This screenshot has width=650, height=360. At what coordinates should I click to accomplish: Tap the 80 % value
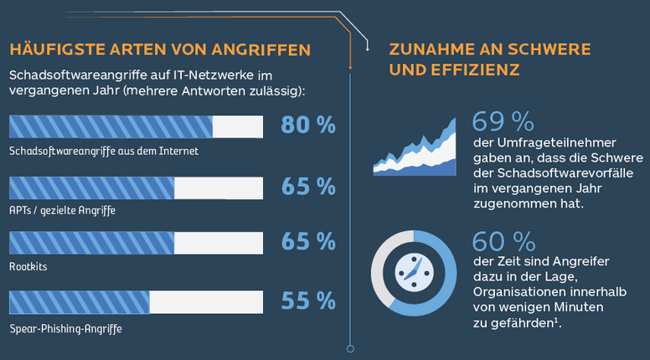(308, 126)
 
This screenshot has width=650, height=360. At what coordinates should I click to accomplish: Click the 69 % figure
(503, 122)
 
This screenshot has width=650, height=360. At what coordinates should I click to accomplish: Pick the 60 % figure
(503, 242)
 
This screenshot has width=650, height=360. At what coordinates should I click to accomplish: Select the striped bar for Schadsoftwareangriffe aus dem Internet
(111, 126)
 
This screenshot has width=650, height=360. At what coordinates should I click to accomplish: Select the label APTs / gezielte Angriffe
(62, 211)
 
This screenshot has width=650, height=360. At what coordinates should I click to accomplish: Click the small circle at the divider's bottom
(350, 348)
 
